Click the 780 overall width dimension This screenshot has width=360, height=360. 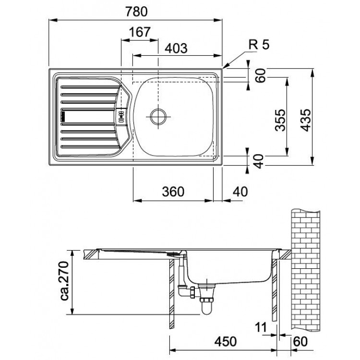pos(136,11)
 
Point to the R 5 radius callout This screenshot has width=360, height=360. pos(259,46)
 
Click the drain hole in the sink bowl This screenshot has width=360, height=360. pos(158,116)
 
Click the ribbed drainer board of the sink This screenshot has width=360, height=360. pos(86,115)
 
